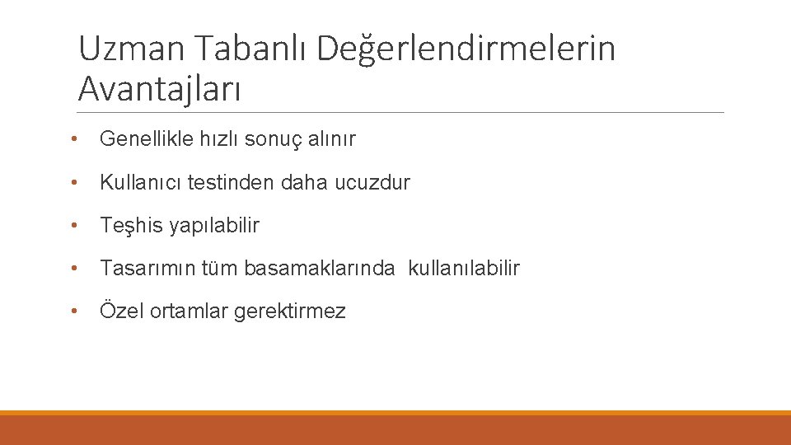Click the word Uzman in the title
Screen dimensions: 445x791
[x=132, y=49]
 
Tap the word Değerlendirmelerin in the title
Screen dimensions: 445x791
[x=466, y=49]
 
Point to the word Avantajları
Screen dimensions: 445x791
[x=160, y=88]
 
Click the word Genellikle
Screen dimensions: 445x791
[x=147, y=139]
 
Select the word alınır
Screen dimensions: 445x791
[x=331, y=139]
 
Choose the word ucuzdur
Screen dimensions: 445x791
[x=372, y=182]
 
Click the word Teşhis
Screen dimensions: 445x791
[x=132, y=225]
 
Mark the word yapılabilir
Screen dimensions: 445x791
[x=214, y=225]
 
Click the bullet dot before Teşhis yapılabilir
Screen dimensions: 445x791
[x=74, y=225]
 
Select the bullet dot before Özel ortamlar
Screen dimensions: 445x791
[x=74, y=311]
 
